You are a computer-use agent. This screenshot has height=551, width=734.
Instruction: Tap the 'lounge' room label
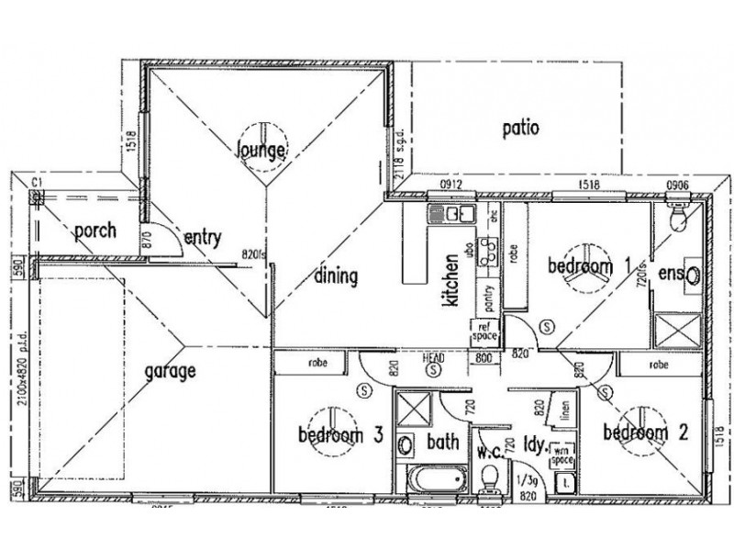pos(262,149)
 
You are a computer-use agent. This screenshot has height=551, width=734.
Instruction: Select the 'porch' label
pos(95,230)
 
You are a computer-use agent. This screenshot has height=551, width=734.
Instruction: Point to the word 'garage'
pos(171,373)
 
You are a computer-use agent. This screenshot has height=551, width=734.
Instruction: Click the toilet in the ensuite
pos(678,217)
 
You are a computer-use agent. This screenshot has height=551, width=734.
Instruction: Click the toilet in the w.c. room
pos(492,478)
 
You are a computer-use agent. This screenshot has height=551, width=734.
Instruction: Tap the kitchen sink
pos(450,215)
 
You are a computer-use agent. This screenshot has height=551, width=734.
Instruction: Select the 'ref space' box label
pos(484,331)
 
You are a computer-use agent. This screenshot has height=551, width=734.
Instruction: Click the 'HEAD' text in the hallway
pos(432,357)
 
